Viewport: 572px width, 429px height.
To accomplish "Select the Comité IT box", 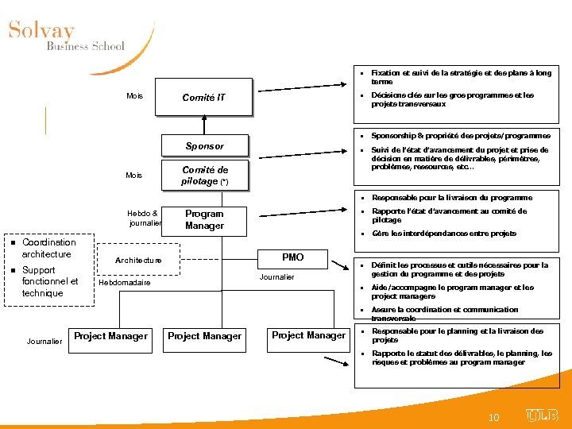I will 203,98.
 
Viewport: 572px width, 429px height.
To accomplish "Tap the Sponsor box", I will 204,146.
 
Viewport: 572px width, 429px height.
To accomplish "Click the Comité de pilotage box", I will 204,176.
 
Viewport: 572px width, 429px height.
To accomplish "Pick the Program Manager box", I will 204,219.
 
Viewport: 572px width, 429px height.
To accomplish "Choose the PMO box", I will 292,257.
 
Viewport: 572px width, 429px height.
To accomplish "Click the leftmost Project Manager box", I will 110,336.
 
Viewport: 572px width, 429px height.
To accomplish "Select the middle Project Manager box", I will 204,336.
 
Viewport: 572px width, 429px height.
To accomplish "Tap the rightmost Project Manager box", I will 308,335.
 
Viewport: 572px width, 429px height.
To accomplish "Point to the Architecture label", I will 138,261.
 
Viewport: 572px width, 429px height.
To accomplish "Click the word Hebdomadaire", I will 125,283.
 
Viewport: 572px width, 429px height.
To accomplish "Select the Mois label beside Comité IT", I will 135,96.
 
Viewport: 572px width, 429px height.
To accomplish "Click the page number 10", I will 493,417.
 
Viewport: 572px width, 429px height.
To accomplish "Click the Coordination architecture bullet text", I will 48,248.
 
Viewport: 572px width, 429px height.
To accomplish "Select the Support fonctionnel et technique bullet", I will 50,281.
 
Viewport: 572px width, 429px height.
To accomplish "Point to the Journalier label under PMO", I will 276,277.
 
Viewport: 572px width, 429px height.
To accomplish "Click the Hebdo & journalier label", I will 144,218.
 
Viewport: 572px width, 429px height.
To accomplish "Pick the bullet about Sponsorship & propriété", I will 461,136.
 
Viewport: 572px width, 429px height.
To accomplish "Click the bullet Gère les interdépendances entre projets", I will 443,234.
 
